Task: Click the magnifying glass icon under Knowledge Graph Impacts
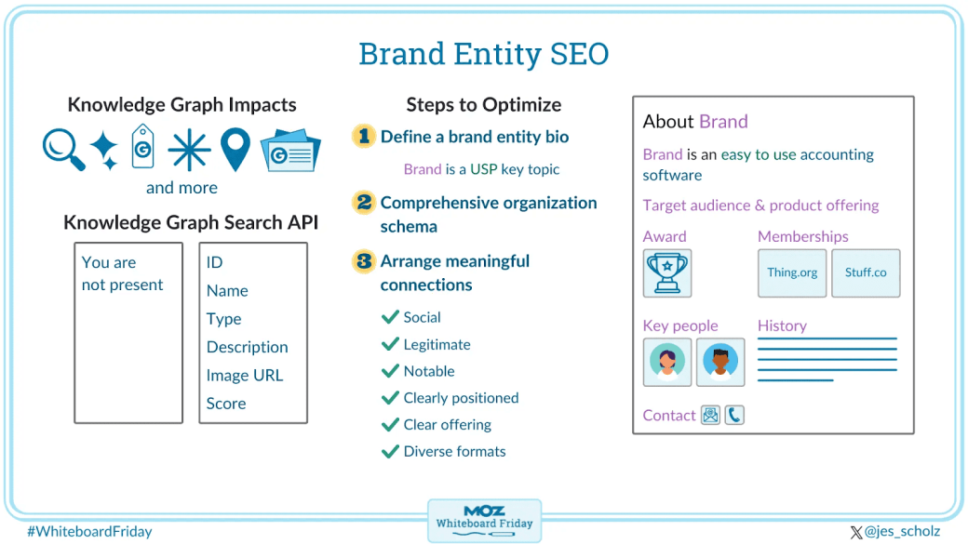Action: [x=63, y=149]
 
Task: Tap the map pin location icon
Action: [x=235, y=149]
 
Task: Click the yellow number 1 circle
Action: [x=363, y=137]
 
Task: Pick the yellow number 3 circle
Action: [x=363, y=261]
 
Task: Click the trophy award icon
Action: [x=666, y=272]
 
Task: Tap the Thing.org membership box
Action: [x=792, y=272]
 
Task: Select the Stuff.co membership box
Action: [x=866, y=272]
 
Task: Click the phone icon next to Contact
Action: [x=734, y=415]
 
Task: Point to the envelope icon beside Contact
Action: [x=711, y=415]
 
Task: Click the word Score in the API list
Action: [x=226, y=404]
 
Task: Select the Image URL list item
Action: [x=245, y=376]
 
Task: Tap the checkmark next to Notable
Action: [x=390, y=371]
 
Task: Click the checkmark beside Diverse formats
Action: [x=390, y=452]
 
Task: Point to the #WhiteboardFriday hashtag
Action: [x=89, y=532]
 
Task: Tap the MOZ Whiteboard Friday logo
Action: [x=484, y=519]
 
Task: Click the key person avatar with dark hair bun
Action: [x=666, y=362]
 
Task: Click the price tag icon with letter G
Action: [x=142, y=146]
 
